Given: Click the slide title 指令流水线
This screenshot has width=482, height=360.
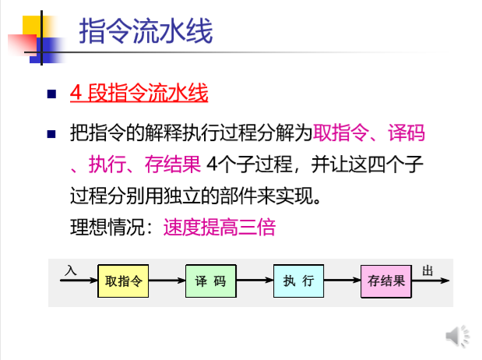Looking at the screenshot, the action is (146, 33).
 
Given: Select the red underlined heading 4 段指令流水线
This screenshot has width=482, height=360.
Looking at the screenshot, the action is (139, 94).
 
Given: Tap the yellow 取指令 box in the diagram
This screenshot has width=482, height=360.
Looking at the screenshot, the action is (122, 281).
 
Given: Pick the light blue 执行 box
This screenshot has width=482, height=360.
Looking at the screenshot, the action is (298, 281).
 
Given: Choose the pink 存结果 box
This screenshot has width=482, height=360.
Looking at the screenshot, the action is (386, 281).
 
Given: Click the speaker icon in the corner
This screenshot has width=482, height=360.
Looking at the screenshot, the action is (457, 336).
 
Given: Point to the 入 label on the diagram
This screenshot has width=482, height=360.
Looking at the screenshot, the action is (71, 270).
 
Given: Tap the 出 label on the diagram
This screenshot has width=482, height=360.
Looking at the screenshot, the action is (427, 270).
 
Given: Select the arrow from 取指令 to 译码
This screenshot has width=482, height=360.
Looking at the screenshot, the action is (166, 281).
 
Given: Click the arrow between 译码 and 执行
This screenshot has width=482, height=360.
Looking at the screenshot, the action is (254, 281).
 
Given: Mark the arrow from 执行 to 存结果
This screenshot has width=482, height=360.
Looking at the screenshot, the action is (342, 281).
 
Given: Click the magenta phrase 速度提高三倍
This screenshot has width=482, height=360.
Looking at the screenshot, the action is (219, 228).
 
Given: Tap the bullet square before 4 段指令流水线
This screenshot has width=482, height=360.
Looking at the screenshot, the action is (52, 95).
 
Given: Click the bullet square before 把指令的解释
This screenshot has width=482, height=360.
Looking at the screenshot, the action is (52, 134).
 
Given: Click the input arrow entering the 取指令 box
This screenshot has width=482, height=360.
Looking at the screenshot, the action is (78, 281).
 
